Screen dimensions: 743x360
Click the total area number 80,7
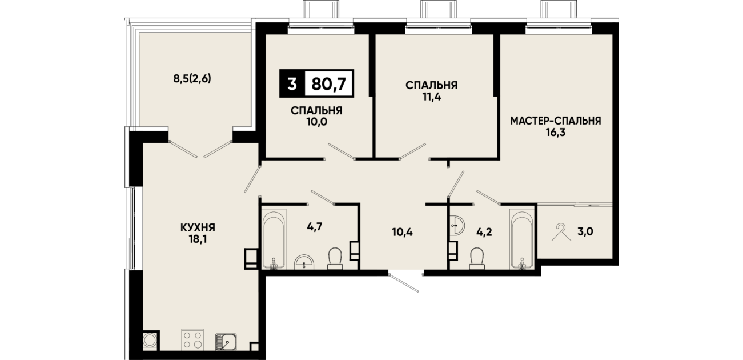(x=329, y=83)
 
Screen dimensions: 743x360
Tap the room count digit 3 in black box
(x=292, y=83)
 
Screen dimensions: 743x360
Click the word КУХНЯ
(x=198, y=227)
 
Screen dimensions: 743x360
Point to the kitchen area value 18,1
(x=198, y=239)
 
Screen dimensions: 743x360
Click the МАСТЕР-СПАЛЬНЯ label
(x=556, y=121)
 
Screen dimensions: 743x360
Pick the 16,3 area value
(x=556, y=133)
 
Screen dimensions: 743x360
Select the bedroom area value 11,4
(x=432, y=97)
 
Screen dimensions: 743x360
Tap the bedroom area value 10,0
(x=317, y=122)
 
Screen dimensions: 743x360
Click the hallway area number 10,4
(x=403, y=232)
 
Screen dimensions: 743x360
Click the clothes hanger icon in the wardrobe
(x=561, y=233)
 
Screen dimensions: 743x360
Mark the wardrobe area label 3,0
(x=585, y=231)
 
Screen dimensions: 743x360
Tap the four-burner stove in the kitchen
(x=192, y=339)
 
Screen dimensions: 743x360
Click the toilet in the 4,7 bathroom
(x=335, y=258)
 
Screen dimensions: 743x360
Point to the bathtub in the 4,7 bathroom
(x=274, y=238)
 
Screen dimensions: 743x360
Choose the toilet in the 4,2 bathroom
(x=477, y=258)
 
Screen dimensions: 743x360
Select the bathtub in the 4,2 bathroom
(x=522, y=238)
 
